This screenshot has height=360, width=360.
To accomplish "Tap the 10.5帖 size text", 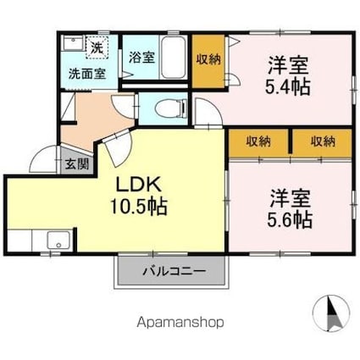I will point(136,206).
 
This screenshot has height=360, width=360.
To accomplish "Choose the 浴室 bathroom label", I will point(141,58).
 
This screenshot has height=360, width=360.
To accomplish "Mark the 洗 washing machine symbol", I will point(97,48).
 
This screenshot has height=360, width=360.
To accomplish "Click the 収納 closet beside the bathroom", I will point(208,58).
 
